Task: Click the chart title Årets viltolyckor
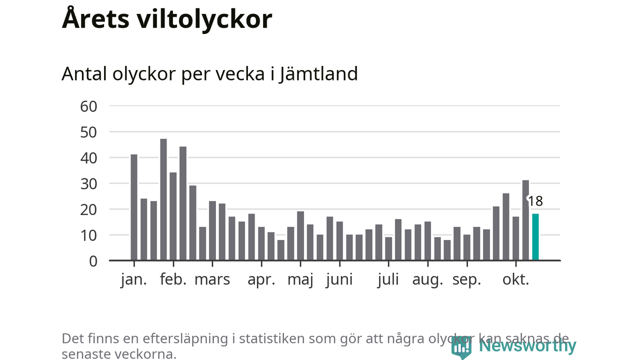coord(166,19)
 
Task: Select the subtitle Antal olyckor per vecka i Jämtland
coord(209,74)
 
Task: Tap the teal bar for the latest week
coord(535,237)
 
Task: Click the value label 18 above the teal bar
coord(535,201)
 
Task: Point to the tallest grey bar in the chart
coord(163,200)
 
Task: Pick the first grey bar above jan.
coord(134,207)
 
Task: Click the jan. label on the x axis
coord(134,279)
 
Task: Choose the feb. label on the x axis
coord(173,279)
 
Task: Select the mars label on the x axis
coord(212,279)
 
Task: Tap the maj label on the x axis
coord(300,279)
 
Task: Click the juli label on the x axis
coord(388,279)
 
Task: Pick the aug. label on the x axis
coord(427,279)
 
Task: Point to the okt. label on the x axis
coord(515,279)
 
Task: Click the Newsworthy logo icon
coord(461,346)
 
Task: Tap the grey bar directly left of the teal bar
coord(525,220)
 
